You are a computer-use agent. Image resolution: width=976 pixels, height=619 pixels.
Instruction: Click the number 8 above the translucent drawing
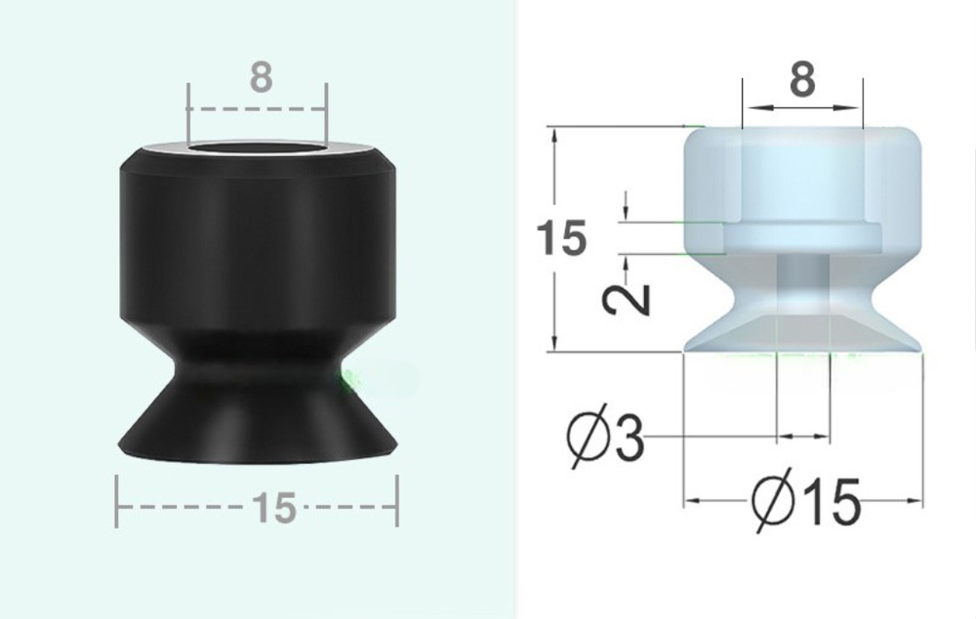(802, 81)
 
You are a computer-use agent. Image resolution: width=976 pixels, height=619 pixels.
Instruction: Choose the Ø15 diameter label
(806, 503)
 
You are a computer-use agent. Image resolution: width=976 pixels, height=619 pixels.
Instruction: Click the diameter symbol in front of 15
(774, 503)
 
